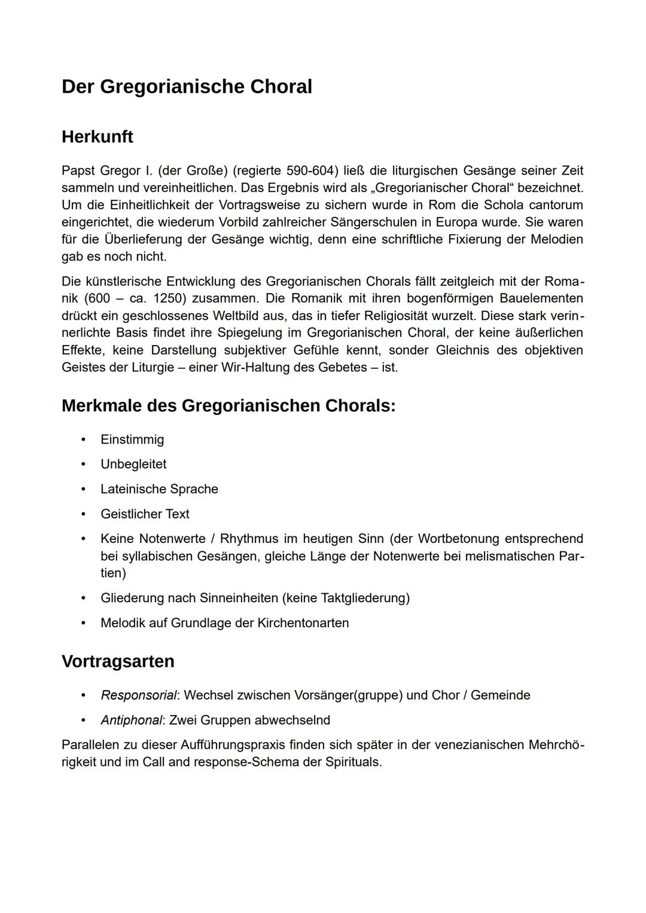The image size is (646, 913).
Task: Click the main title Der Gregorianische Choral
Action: click(x=187, y=87)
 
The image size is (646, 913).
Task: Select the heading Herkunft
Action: click(x=97, y=137)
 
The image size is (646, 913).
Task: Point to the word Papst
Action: click(x=78, y=170)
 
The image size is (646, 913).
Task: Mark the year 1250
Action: click(x=167, y=298)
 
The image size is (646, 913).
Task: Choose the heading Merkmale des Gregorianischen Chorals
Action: click(x=228, y=406)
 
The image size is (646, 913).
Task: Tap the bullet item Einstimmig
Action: click(x=132, y=439)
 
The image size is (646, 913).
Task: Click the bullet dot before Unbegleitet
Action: click(x=84, y=464)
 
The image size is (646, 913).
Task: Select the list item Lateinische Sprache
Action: click(x=159, y=489)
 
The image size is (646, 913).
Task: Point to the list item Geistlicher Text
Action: click(x=145, y=514)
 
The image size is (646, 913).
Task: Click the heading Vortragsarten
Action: click(x=118, y=661)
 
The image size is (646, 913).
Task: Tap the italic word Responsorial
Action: click(x=139, y=695)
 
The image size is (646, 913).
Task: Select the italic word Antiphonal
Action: click(x=131, y=720)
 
